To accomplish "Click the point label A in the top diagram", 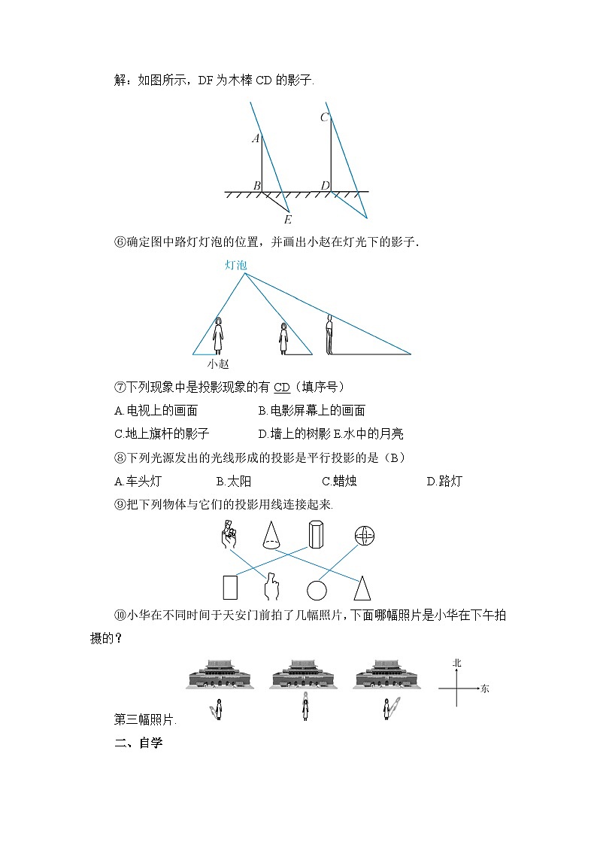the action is (x=256, y=138).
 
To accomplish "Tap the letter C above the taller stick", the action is (x=324, y=117).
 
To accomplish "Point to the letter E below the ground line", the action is (x=287, y=220).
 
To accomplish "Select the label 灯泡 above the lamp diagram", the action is (x=235, y=265).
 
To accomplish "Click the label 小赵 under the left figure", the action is (x=218, y=363).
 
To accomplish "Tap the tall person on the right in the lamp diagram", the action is (x=329, y=334).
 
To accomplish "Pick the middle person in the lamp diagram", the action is (x=283, y=339).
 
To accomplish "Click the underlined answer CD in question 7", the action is (x=281, y=387).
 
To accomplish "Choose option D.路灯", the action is (x=444, y=482).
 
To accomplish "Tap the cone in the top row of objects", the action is (x=271, y=534).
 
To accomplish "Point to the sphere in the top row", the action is (x=365, y=535).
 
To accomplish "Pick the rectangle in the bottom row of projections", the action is (x=230, y=588).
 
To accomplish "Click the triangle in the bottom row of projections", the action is (x=362, y=587).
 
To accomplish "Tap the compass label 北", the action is (x=456, y=663).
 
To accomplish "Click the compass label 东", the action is (x=484, y=688).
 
